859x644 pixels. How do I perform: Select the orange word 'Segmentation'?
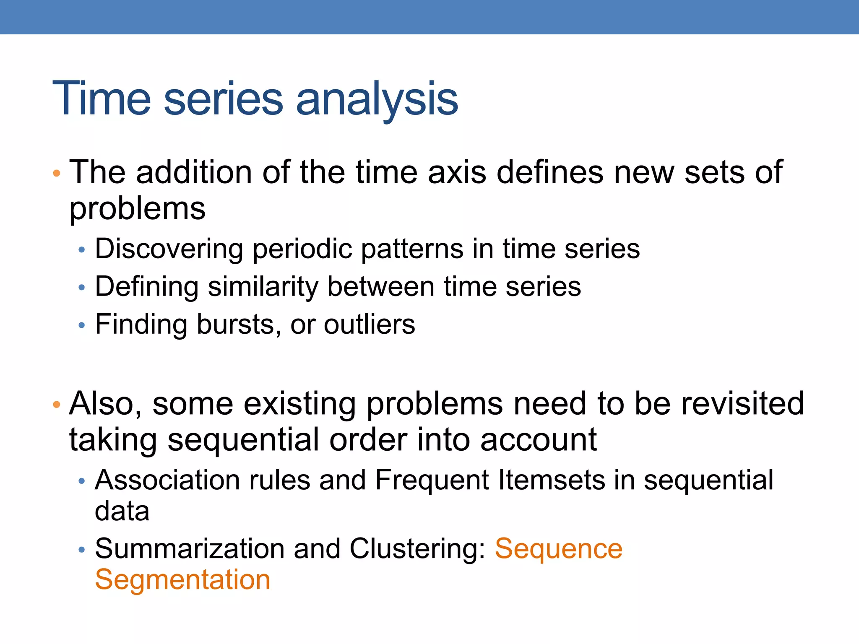[182, 580]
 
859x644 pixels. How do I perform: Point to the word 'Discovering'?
[169, 249]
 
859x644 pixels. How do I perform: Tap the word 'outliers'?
[369, 325]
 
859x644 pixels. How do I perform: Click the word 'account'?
[538, 440]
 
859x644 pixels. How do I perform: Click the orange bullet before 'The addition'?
[57, 173]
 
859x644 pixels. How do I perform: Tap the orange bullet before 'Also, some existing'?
[57, 405]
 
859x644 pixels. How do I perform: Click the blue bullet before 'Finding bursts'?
[82, 325]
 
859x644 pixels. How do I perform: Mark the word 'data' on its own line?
[122, 512]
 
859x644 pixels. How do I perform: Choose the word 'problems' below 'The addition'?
[138, 209]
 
